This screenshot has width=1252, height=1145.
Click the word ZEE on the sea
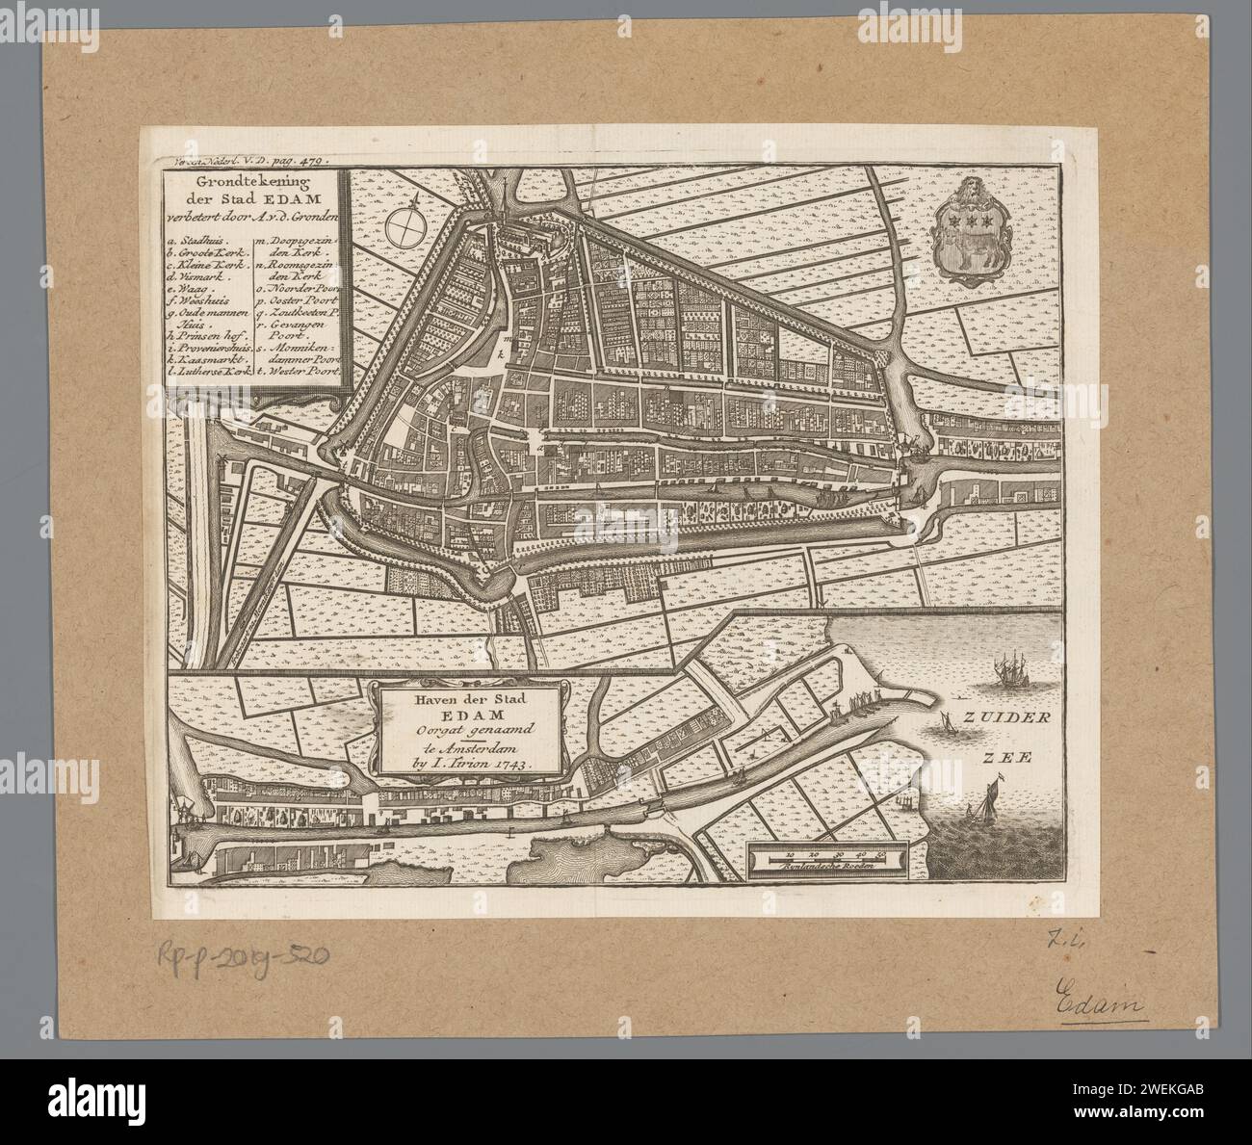click(1006, 757)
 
